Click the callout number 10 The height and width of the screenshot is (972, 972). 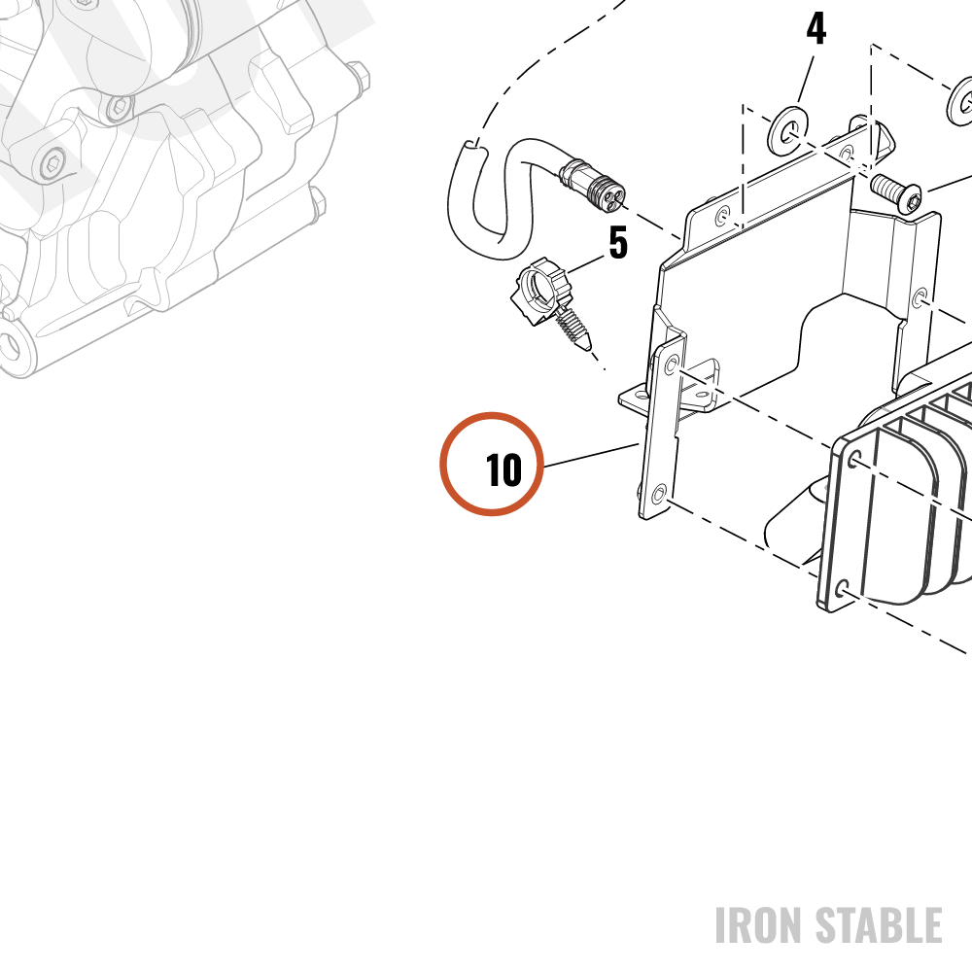(x=503, y=469)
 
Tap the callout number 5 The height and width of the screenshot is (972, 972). (x=618, y=242)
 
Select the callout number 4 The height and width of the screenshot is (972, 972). (x=816, y=28)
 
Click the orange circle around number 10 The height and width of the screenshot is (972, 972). (x=492, y=413)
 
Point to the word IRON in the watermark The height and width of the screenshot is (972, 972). (x=760, y=925)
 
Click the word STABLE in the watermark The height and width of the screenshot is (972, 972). (x=879, y=925)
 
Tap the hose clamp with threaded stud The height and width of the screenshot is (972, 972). (x=551, y=303)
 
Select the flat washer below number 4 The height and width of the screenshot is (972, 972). (x=788, y=132)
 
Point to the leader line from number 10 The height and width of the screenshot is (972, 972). (x=591, y=455)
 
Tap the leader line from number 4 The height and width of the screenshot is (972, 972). (x=806, y=80)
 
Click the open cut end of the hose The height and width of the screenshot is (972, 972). (x=471, y=147)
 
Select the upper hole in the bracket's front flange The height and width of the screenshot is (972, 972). (x=671, y=364)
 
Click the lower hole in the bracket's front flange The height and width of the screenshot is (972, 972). (x=659, y=494)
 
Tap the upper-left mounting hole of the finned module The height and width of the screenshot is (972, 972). (x=854, y=460)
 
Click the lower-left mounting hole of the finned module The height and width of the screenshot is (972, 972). (x=842, y=588)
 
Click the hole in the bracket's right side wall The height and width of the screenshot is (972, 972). (x=920, y=298)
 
